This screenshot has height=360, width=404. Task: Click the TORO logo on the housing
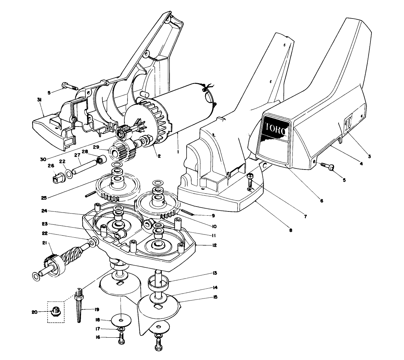pos(275,128)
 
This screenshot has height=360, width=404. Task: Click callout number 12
pos(214,245)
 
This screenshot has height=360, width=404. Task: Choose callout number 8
pos(290,230)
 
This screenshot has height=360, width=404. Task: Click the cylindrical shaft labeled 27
pos(84,167)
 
